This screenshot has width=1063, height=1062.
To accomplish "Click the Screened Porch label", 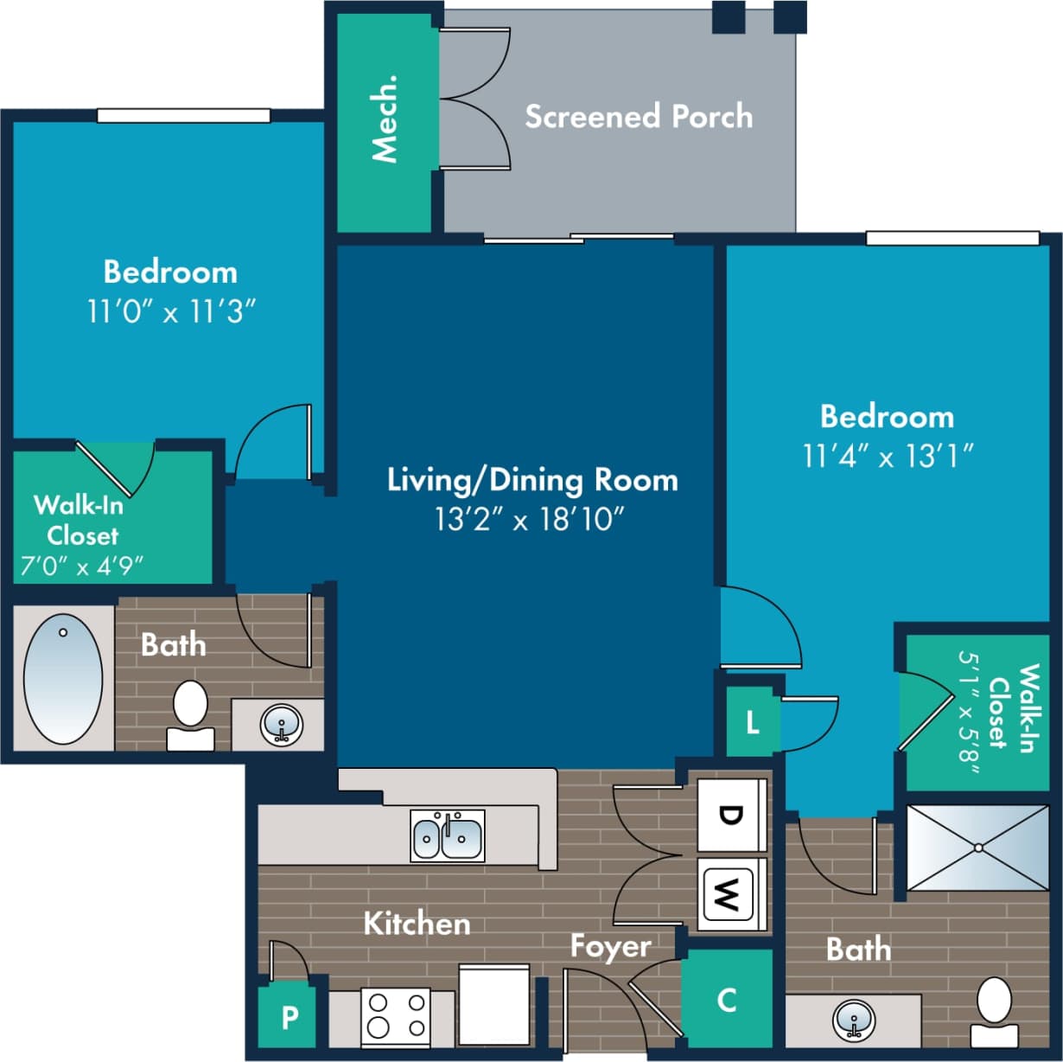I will pyautogui.click(x=639, y=117).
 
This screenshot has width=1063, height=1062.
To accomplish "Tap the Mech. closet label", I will pyautogui.click(x=385, y=118).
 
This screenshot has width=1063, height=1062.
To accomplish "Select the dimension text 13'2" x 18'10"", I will pyautogui.click(x=530, y=520).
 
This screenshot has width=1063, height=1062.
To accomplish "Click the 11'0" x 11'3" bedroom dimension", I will pyautogui.click(x=171, y=311).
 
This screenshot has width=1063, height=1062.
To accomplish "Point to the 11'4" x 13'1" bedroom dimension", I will pyautogui.click(x=888, y=456).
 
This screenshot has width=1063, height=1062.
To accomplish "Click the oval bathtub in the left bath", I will pyautogui.click(x=63, y=679).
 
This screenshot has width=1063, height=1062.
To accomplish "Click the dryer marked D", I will pyautogui.click(x=731, y=816).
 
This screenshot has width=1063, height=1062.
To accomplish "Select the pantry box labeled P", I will pyautogui.click(x=290, y=1017).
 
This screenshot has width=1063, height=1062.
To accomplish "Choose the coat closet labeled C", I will pyautogui.click(x=727, y=1000).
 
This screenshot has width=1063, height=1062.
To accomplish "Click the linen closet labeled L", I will pyautogui.click(x=752, y=723).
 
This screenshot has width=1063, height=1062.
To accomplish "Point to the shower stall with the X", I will pyautogui.click(x=977, y=848).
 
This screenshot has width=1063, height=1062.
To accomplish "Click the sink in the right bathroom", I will pyautogui.click(x=854, y=1020).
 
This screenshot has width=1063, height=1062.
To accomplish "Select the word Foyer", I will pyautogui.click(x=610, y=946).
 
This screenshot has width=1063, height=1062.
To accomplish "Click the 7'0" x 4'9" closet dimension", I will pyautogui.click(x=82, y=566).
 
